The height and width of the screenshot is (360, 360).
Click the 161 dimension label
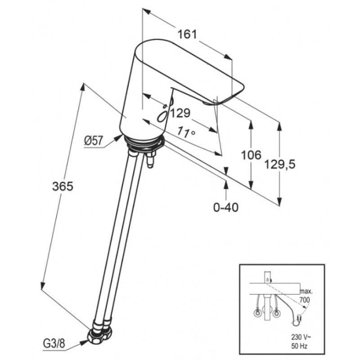pyautogui.click(x=187, y=35)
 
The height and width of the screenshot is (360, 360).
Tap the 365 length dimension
pyautogui.click(x=63, y=186)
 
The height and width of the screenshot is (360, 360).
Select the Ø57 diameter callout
pyautogui.click(x=94, y=140)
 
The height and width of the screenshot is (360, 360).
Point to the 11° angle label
pyautogui.click(x=186, y=132)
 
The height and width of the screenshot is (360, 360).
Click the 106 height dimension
pyautogui.click(x=251, y=155)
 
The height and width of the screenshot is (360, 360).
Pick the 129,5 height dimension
pyautogui.click(x=280, y=164)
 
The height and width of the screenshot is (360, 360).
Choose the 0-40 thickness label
pyautogui.click(x=226, y=207)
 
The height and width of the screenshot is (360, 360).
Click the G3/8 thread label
pyautogui.click(x=54, y=344)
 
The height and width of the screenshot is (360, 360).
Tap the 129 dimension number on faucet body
pyautogui.click(x=180, y=113)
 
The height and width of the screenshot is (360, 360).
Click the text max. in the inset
pyautogui.click(x=306, y=292)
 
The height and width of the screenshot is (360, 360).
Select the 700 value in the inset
pyautogui.click(x=305, y=300)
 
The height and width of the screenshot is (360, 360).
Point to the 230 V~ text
pyautogui.click(x=301, y=337)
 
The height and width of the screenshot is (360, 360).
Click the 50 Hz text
pyautogui.click(x=299, y=346)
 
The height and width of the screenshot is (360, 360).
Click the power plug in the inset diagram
pyautogui.click(x=299, y=319)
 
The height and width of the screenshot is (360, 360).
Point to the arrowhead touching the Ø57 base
pyautogui.click(x=119, y=138)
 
